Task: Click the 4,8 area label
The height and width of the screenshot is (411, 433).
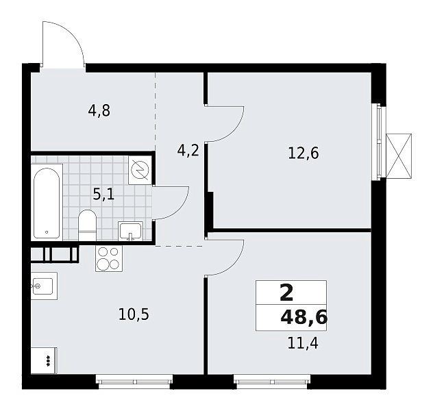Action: point(99,111)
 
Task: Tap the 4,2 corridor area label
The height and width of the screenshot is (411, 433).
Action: point(188,151)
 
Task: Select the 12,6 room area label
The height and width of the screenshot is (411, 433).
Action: point(304,153)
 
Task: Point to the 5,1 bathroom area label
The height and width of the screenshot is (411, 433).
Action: point(103,195)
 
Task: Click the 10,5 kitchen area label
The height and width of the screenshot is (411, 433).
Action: point(134,314)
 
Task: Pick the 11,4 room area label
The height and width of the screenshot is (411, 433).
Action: point(303,343)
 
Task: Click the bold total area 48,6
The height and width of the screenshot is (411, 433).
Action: point(304,318)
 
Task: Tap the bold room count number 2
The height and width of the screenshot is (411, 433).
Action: point(286,292)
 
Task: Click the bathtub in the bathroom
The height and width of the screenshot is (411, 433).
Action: point(47,203)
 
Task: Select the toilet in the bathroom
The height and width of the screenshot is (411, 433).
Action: point(87,225)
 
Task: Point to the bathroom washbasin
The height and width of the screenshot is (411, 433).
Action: point(130,231)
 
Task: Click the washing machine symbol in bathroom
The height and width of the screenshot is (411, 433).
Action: point(140,170)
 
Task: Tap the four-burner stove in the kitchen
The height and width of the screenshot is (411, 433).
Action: point(109,259)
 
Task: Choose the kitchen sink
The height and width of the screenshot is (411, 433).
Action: point(44,286)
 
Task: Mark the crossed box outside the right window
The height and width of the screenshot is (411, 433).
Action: point(399,155)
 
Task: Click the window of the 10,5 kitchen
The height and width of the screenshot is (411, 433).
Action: point(134,382)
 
